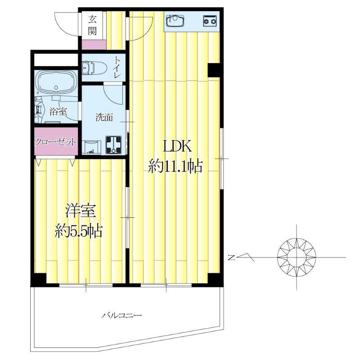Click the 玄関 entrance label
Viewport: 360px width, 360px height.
click(x=92, y=25)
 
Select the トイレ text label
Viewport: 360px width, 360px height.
click(x=118, y=67)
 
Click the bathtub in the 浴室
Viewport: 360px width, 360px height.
click(x=56, y=82)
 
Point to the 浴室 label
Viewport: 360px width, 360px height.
click(x=58, y=112)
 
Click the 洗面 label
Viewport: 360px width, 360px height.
click(x=104, y=117)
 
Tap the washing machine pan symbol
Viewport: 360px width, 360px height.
click(x=113, y=145)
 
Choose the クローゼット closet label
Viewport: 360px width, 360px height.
click(x=55, y=142)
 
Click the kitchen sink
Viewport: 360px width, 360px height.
click(x=175, y=21)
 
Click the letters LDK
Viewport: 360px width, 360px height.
click(x=177, y=146)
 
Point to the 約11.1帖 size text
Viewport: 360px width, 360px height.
click(x=175, y=166)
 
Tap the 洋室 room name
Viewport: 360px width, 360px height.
click(x=81, y=211)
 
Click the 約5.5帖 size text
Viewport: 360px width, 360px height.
click(x=78, y=230)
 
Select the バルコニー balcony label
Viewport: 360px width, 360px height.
click(x=121, y=315)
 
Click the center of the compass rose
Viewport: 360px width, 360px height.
click(x=297, y=257)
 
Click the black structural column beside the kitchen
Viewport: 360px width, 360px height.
click(x=214, y=70)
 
